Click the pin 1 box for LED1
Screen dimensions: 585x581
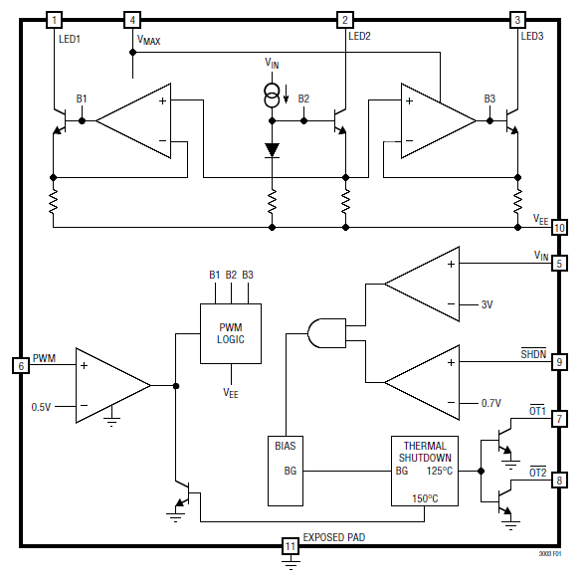[x=54, y=20]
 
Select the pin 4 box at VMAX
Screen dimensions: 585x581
[x=132, y=20]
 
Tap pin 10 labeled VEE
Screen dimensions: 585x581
[x=559, y=227]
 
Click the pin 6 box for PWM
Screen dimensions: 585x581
[x=21, y=365]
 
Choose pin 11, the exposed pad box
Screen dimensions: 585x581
[x=290, y=546]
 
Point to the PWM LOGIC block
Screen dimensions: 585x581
[x=231, y=333]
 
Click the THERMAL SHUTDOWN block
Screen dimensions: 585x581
[x=425, y=471]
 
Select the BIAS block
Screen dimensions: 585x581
[x=286, y=471]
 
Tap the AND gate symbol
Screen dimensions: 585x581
[x=326, y=333]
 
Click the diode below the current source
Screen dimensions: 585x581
[x=272, y=150]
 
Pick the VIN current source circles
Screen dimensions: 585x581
[x=272, y=96]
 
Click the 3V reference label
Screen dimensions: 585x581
[x=487, y=304]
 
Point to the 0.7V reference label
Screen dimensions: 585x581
[x=491, y=403]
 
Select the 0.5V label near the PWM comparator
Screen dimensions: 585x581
[x=41, y=407]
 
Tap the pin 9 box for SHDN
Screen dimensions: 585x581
[x=559, y=361]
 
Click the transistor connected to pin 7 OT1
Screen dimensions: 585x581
[x=503, y=441]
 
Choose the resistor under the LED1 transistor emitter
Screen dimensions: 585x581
[x=54, y=202]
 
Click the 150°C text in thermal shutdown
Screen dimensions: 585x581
[x=425, y=498]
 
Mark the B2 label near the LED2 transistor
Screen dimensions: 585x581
[x=303, y=98]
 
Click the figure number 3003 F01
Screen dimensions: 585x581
[x=550, y=554]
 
